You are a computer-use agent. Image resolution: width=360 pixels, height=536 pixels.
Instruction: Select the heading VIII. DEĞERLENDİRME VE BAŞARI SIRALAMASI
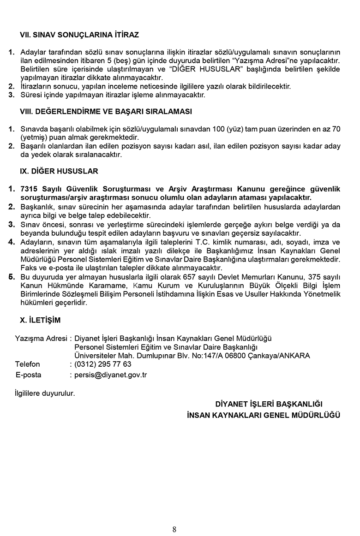click(x=106, y=111)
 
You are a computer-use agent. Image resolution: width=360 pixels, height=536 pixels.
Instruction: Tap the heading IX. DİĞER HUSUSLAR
click(x=59, y=171)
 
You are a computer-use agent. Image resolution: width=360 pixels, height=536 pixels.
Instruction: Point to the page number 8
click(x=174, y=529)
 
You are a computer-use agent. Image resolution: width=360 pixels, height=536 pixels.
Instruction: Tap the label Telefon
click(x=27, y=364)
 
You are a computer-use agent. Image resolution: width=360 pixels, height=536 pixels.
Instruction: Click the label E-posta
click(x=28, y=375)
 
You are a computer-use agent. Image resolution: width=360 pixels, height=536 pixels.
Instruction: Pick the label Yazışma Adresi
click(x=41, y=338)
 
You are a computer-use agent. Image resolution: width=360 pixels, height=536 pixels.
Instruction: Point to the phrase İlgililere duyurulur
click(x=44, y=393)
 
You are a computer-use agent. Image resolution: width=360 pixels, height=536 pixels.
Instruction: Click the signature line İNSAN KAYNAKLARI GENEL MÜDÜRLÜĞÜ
click(x=264, y=415)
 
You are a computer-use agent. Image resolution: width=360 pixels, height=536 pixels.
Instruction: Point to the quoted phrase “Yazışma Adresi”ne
click(x=263, y=60)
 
